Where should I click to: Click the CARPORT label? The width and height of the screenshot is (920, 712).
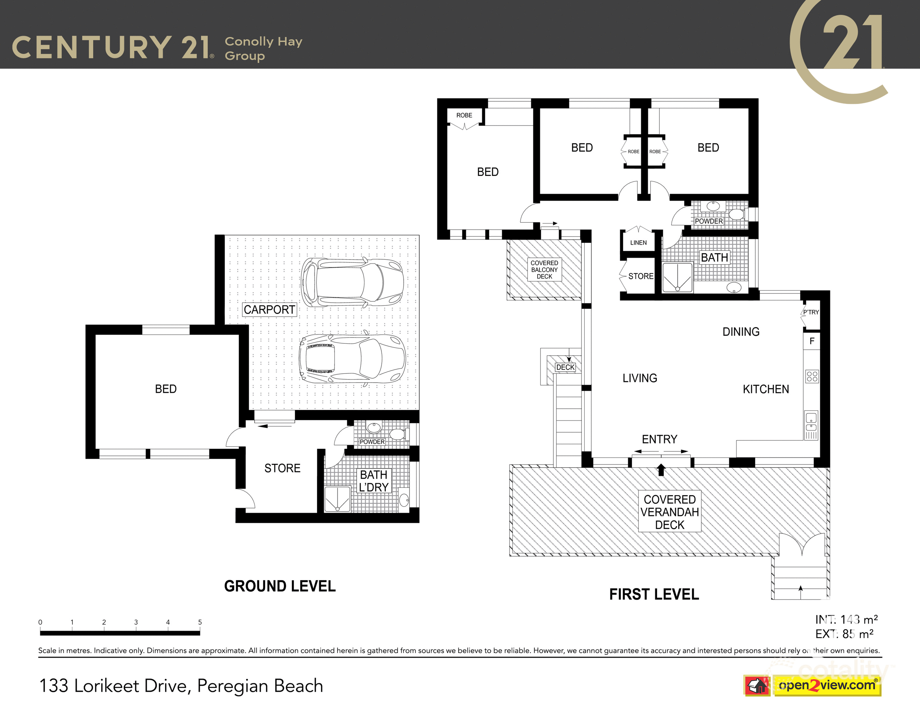pos(269,310)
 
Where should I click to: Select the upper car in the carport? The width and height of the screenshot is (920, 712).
pos(352,282)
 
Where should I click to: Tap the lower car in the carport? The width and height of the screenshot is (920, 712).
pos(352,358)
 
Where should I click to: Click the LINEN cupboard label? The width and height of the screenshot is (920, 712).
pos(638,242)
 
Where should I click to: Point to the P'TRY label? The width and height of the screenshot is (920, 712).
pos(810,312)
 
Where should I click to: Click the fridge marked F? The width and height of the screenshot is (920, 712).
pos(812,341)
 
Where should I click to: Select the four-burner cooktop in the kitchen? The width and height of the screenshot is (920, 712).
pos(812,376)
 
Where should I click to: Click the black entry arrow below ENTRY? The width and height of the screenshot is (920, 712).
pos(661,470)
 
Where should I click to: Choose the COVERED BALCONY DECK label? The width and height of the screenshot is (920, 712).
pos(544,269)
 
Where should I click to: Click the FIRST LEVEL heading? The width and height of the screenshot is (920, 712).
pos(654,594)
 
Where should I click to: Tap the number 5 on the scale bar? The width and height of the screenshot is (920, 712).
pos(200,622)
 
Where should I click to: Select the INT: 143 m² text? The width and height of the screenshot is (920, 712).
pos(846,619)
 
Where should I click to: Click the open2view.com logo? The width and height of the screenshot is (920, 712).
pos(827,685)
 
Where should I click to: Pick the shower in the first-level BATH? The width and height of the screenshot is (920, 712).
pos(677,278)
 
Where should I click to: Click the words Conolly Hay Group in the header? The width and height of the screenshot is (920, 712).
pos(263,48)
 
